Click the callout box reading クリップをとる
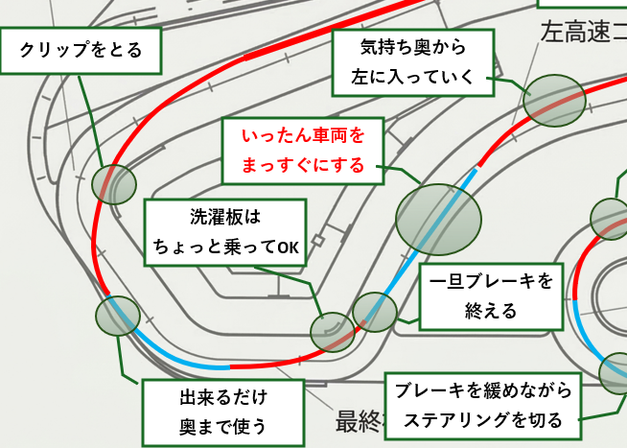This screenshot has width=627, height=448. point(81,51)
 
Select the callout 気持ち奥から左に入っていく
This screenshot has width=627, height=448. point(413,61)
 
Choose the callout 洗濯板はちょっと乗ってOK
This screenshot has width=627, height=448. point(225,232)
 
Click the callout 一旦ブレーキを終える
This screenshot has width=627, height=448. point(491,295)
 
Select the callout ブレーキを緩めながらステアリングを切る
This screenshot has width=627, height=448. point(483,405)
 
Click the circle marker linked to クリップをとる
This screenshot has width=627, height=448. point(114,183)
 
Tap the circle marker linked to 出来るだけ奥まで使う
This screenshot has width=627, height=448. point(118,316)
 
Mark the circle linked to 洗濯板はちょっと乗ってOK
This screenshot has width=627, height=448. point(333,332)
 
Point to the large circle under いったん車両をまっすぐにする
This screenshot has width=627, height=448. point(438,220)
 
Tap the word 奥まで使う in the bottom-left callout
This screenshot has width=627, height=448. point(222,425)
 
